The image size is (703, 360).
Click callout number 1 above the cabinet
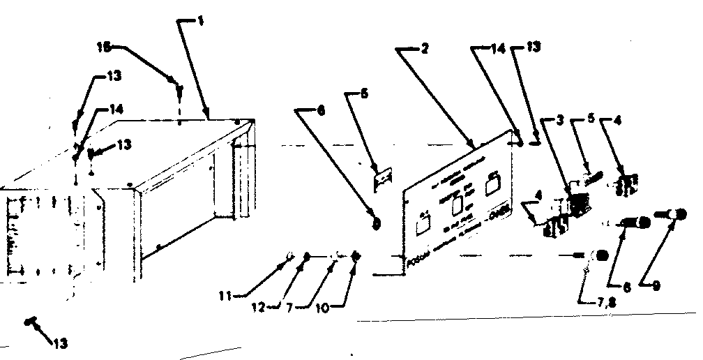tap(200, 22)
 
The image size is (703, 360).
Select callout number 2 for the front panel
tap(425, 49)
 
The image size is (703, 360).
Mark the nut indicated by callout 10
tap(357, 257)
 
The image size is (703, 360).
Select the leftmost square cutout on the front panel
tap(422, 227)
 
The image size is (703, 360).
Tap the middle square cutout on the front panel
tap(458, 207)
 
